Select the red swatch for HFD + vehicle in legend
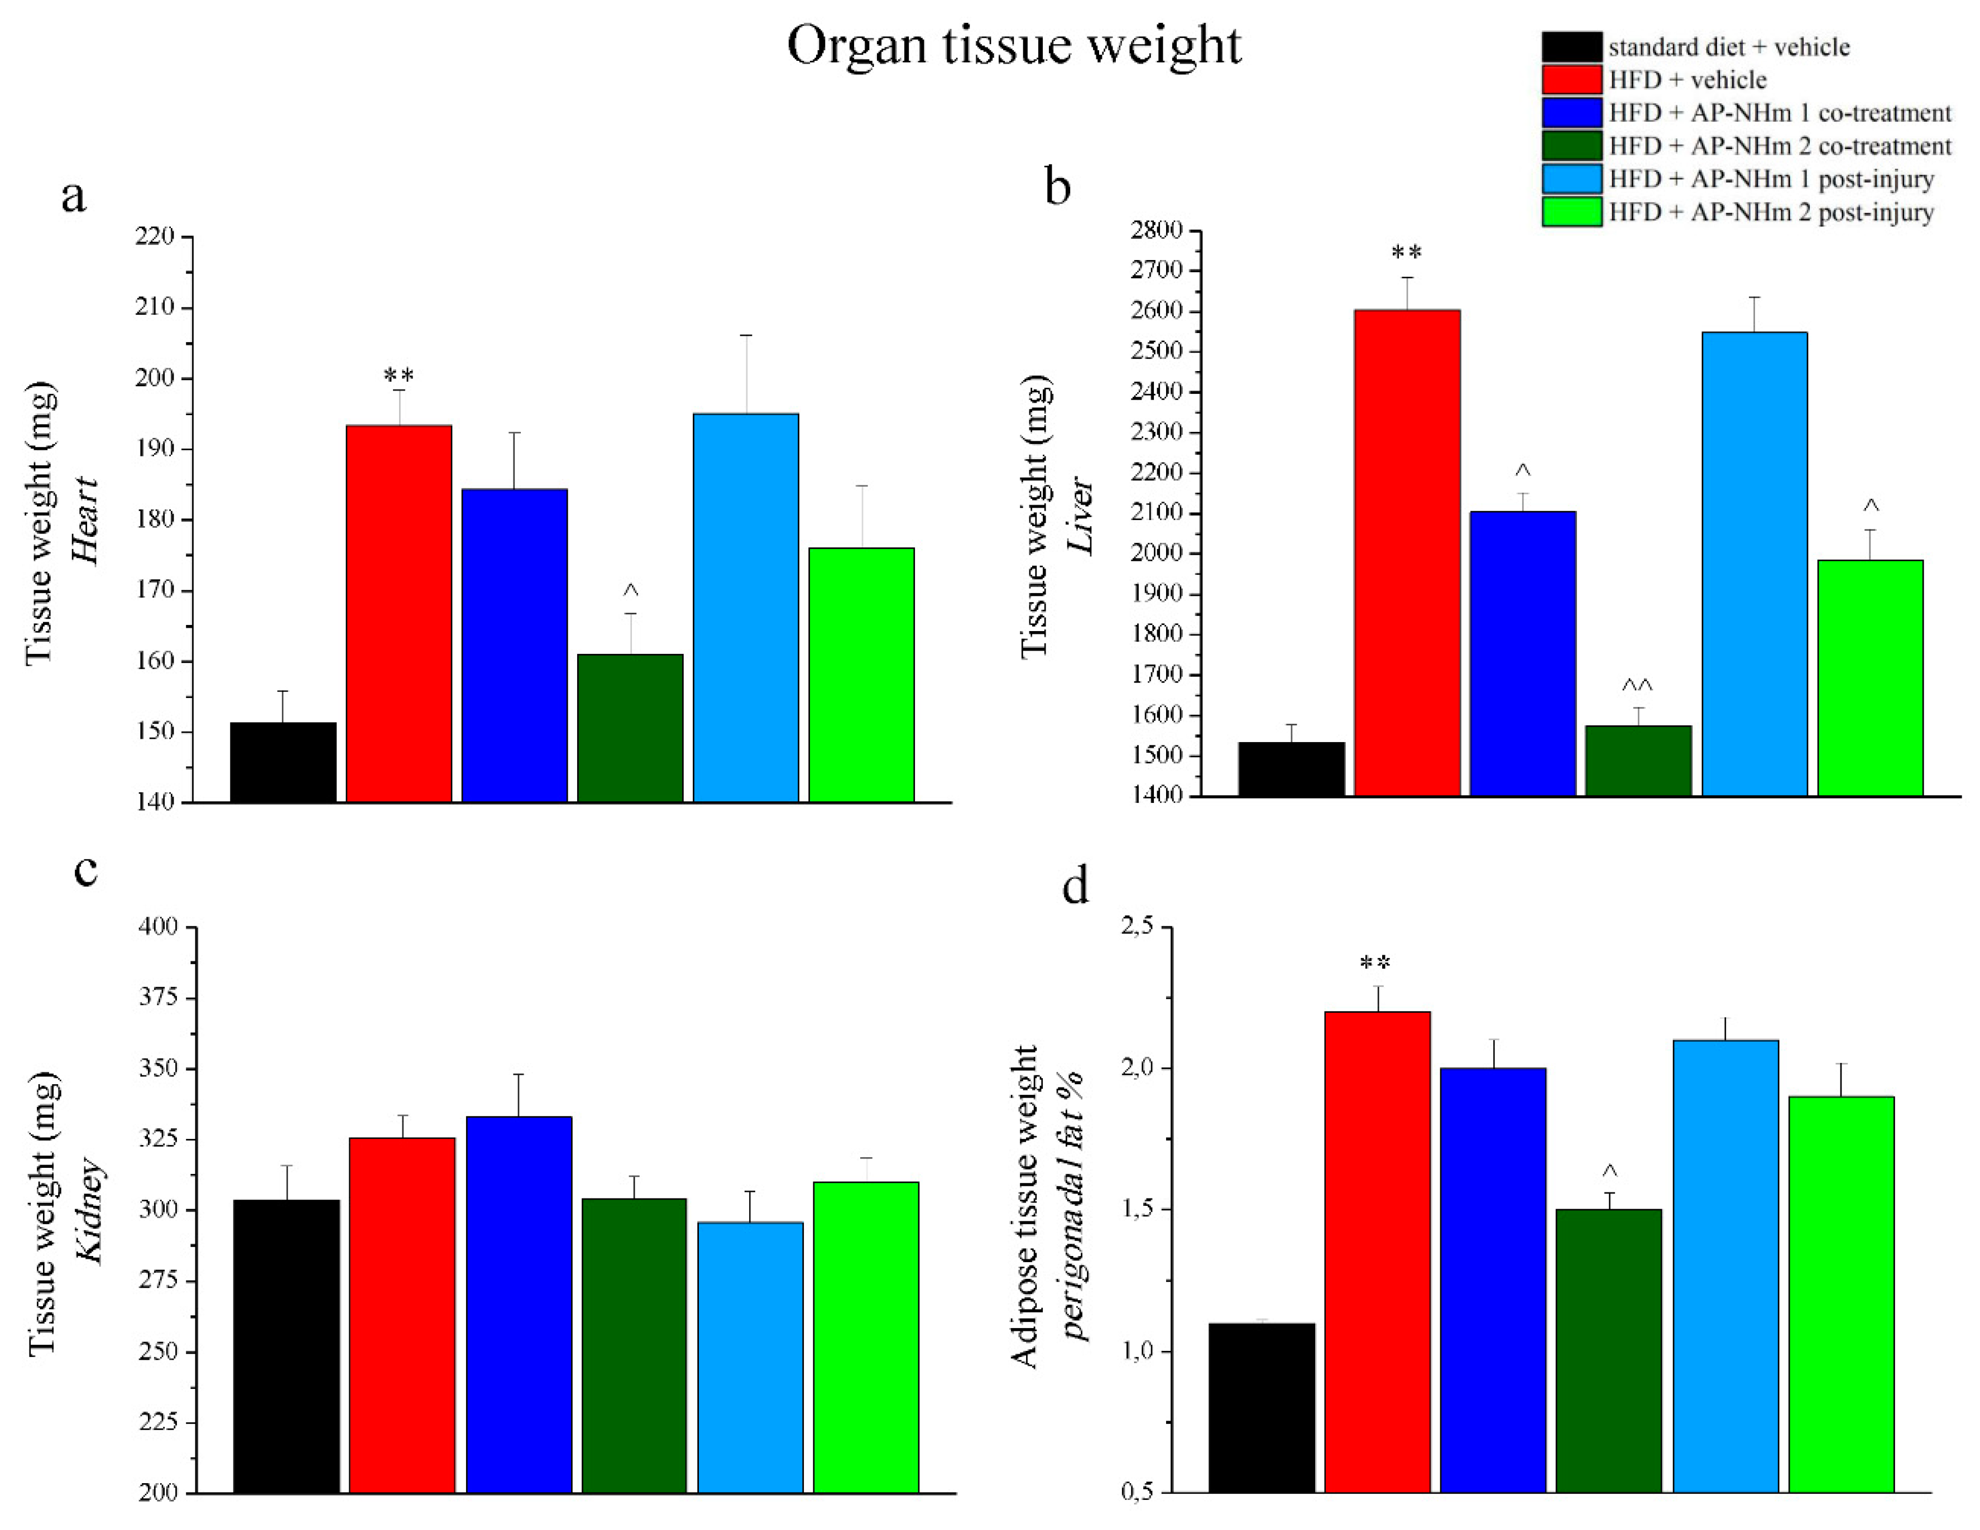[x=1571, y=80]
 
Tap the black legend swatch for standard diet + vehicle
[x=1571, y=47]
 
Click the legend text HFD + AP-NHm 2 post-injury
[x=1771, y=212]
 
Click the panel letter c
[x=86, y=870]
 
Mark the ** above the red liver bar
[x=1406, y=253]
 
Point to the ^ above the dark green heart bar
[x=630, y=591]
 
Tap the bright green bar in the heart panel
[x=861, y=675]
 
